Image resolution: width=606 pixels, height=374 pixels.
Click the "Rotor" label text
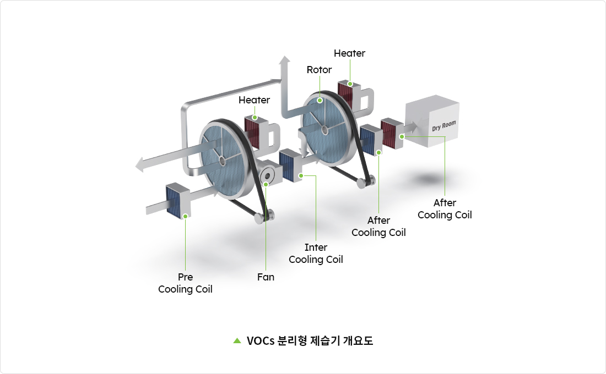coord(320,70)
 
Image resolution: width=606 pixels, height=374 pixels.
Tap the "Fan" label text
coord(266,277)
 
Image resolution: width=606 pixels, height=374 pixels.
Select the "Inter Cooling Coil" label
coord(316,254)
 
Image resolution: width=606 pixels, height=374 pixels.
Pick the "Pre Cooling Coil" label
coord(185,283)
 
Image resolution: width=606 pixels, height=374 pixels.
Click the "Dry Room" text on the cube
coord(443,126)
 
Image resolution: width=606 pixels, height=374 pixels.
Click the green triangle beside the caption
coord(237,340)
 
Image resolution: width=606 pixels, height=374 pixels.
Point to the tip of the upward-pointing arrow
coord(284,58)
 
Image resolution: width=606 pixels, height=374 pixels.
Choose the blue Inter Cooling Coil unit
coord(288,164)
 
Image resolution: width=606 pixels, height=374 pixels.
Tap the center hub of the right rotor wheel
coord(326,130)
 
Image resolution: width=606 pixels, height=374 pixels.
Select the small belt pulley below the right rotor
coord(368,180)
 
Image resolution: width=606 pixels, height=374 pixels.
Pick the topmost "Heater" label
coord(349,53)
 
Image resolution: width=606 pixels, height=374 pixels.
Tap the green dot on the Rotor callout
coord(320,101)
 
